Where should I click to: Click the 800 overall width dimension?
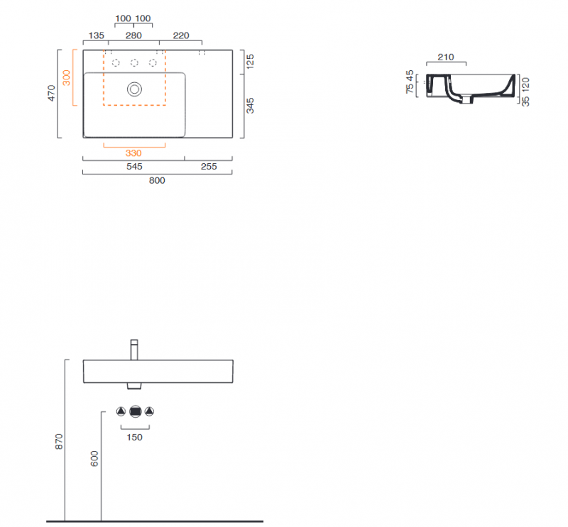pos(157,180)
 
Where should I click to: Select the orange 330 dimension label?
pos(133,153)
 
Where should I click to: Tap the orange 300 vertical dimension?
pos(66,77)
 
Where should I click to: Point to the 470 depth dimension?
pos(51,93)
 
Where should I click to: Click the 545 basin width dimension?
pos(134,167)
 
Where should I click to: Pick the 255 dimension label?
pos(209,167)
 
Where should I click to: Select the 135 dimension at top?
pos(96,35)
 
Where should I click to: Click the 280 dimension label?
pos(133,35)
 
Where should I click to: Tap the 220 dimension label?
pos(181,35)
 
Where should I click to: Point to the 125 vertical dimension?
pos(250,62)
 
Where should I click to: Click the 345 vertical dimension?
pos(250,106)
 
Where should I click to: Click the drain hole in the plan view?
pos(134,89)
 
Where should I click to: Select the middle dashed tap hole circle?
pos(134,63)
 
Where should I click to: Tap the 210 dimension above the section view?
pos(446,57)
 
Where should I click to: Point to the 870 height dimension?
pos(59,442)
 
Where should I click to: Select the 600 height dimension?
pos(94,459)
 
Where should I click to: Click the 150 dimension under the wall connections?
pos(134,437)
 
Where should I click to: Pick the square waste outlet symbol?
pos(135,411)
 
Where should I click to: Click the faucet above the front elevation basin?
pos(134,350)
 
